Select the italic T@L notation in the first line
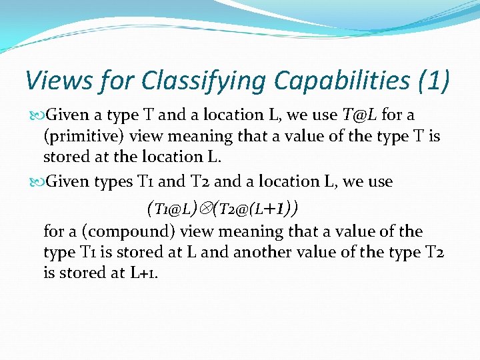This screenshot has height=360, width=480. (360, 115)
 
